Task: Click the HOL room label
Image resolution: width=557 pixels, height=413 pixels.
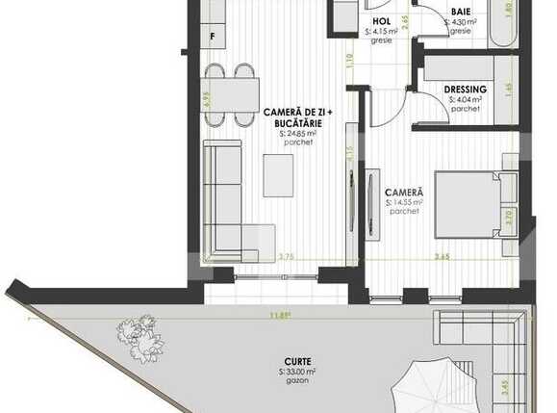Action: coord(380,20)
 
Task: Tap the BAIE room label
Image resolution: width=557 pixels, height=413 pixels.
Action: coord(461,12)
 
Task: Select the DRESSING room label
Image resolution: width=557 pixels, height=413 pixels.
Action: coord(465,90)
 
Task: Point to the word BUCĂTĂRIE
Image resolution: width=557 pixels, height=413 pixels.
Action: coord(298,124)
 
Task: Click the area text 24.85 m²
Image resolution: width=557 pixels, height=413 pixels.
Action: coord(298,135)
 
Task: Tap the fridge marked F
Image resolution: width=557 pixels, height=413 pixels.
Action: coord(214,39)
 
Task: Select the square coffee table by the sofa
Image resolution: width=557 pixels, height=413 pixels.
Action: coord(279,175)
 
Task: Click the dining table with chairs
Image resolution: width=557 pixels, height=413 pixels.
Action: coord(231,93)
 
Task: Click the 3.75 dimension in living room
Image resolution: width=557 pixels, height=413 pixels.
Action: coord(286,256)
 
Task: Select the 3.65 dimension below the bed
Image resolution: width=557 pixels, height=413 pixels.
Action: coord(442,256)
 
